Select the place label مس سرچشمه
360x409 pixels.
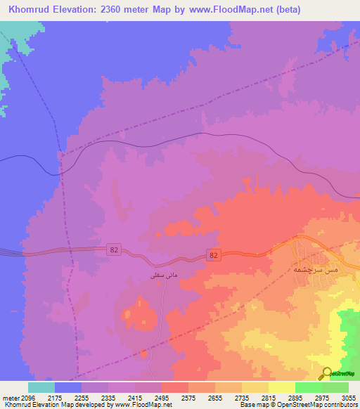[x=314, y=268]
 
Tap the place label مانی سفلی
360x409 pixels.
[x=159, y=275]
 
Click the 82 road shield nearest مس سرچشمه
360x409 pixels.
[x=212, y=254]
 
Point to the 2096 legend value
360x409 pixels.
[x=23, y=397]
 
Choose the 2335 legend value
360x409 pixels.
[x=108, y=397]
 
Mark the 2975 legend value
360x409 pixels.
[x=321, y=397]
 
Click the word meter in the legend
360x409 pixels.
[x=8, y=397]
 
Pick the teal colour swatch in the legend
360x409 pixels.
[x=41, y=387]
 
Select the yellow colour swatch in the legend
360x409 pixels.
[x=281, y=387]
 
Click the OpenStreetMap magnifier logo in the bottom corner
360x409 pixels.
[x=327, y=373]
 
